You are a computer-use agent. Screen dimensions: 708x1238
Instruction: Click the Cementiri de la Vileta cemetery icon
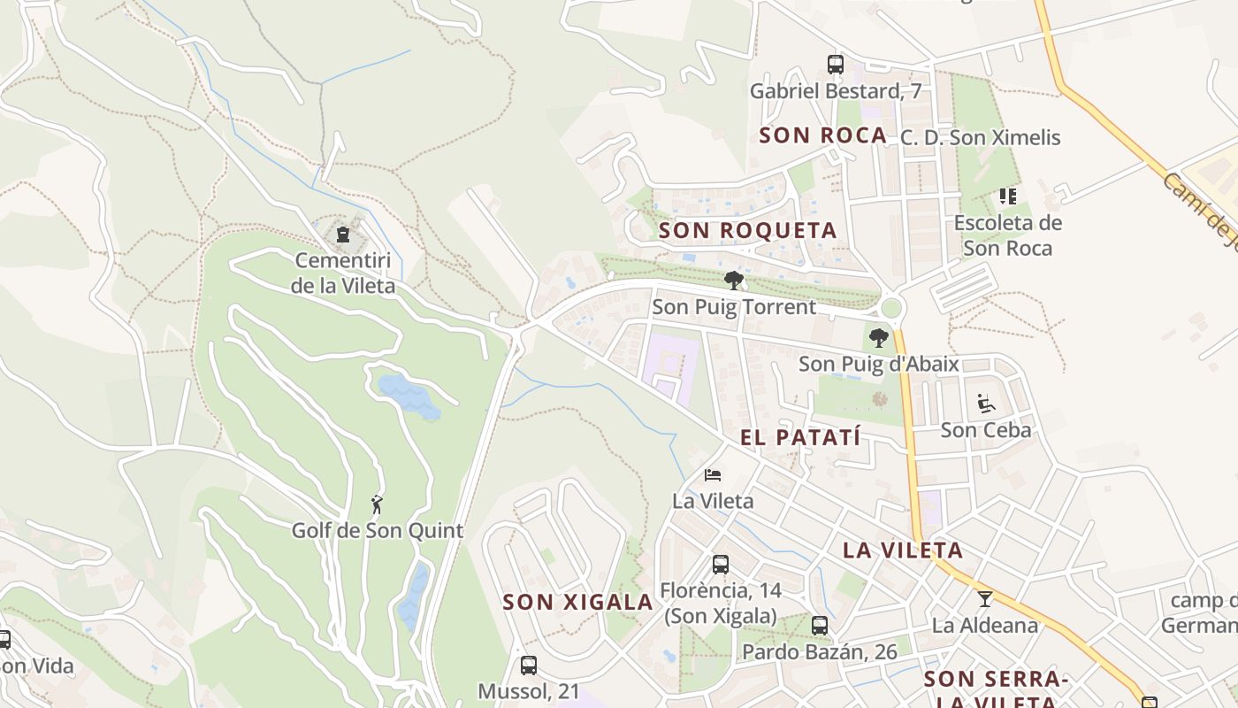tap(343, 235)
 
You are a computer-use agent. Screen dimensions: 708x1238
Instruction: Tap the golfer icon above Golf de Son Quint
tap(378, 504)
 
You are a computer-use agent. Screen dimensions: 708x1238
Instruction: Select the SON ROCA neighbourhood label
tap(822, 135)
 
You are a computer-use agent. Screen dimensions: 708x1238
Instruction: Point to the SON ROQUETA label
tap(748, 231)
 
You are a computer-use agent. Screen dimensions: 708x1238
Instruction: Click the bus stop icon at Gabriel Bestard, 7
tap(836, 64)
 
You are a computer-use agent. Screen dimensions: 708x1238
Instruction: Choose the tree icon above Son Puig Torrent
tap(733, 281)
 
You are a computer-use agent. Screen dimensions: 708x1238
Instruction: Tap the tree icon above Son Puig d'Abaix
tap(878, 337)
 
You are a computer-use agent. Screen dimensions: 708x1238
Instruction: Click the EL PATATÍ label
tap(800, 437)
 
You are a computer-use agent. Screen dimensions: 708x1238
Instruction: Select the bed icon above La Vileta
tap(713, 474)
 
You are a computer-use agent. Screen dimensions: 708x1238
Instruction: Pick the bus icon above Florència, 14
tap(721, 565)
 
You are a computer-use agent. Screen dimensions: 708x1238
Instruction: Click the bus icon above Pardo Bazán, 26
tap(820, 626)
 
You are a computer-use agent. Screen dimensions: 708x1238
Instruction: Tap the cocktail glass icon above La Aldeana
tap(984, 598)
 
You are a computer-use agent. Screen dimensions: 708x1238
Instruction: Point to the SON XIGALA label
tap(577, 603)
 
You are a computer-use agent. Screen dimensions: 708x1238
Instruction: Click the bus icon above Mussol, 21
tap(529, 665)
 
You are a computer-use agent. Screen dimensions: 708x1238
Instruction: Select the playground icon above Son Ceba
tap(986, 404)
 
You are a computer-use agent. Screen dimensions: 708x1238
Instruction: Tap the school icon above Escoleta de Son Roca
tap(1008, 196)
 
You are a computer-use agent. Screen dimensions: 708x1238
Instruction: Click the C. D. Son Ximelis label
tap(980, 138)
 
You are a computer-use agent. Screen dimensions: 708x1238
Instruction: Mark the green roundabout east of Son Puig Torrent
tap(891, 308)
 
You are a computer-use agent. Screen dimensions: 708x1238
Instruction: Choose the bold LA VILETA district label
tap(902, 550)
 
